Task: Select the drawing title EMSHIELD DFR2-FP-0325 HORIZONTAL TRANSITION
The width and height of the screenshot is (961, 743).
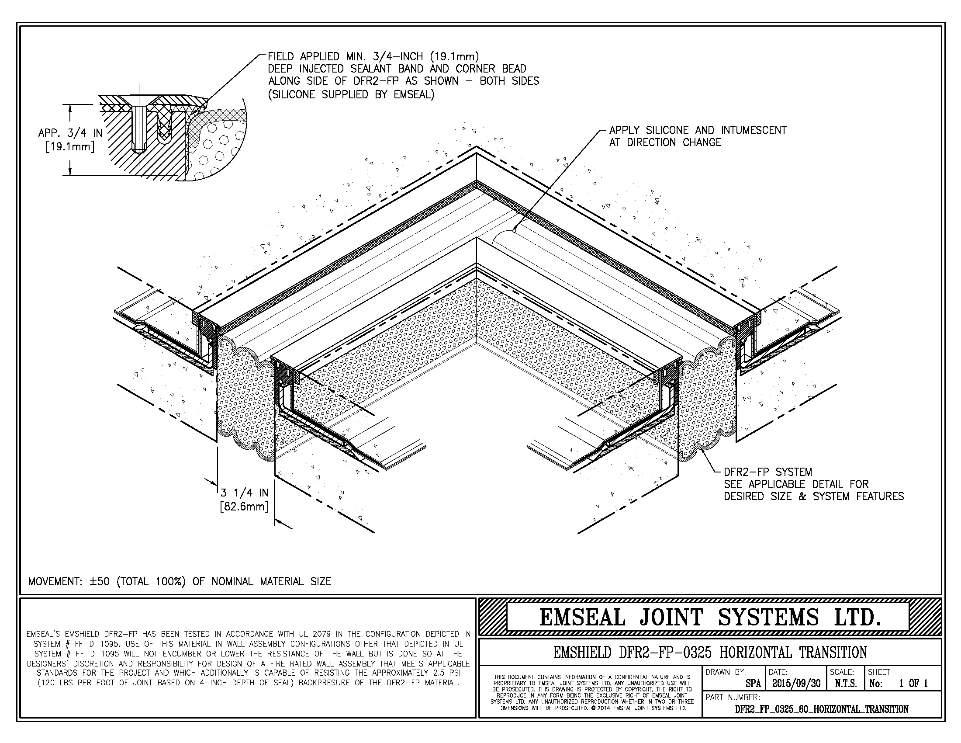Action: pyautogui.click(x=710, y=652)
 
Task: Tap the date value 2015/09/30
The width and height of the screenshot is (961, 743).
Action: pyautogui.click(x=796, y=684)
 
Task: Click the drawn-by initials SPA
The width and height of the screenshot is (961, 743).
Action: pyautogui.click(x=754, y=684)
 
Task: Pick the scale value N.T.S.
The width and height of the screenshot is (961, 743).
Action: pyautogui.click(x=845, y=684)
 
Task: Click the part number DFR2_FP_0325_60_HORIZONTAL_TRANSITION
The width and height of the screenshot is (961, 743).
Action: pyautogui.click(x=822, y=709)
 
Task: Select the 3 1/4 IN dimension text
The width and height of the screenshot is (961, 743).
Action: pyautogui.click(x=244, y=493)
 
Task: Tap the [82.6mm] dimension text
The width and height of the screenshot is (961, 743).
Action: pyautogui.click(x=244, y=507)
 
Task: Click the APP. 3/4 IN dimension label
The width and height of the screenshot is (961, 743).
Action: pyautogui.click(x=70, y=133)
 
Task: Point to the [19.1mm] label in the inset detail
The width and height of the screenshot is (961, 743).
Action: pyautogui.click(x=70, y=146)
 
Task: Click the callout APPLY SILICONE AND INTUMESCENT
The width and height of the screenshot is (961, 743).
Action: pyautogui.click(x=698, y=130)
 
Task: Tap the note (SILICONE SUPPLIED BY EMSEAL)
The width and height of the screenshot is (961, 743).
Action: pyautogui.click(x=351, y=95)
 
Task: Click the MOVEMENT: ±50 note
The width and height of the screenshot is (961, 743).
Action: pyautogui.click(x=179, y=581)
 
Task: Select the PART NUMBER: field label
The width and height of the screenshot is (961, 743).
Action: pyautogui.click(x=733, y=697)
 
